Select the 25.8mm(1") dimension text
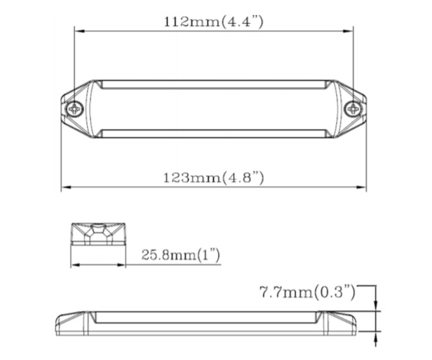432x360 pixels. pyautogui.click(x=180, y=255)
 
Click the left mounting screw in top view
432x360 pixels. pyautogui.click(x=76, y=109)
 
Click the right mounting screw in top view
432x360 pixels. pyautogui.click(x=351, y=109)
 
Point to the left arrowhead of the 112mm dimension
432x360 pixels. pyautogui.click(x=78, y=30)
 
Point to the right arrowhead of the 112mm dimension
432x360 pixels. pyautogui.click(x=351, y=30)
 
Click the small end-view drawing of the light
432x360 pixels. pyautogui.click(x=98, y=235)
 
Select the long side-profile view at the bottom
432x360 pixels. pyautogui.click(x=215, y=320)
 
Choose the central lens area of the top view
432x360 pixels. pyautogui.click(x=215, y=109)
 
